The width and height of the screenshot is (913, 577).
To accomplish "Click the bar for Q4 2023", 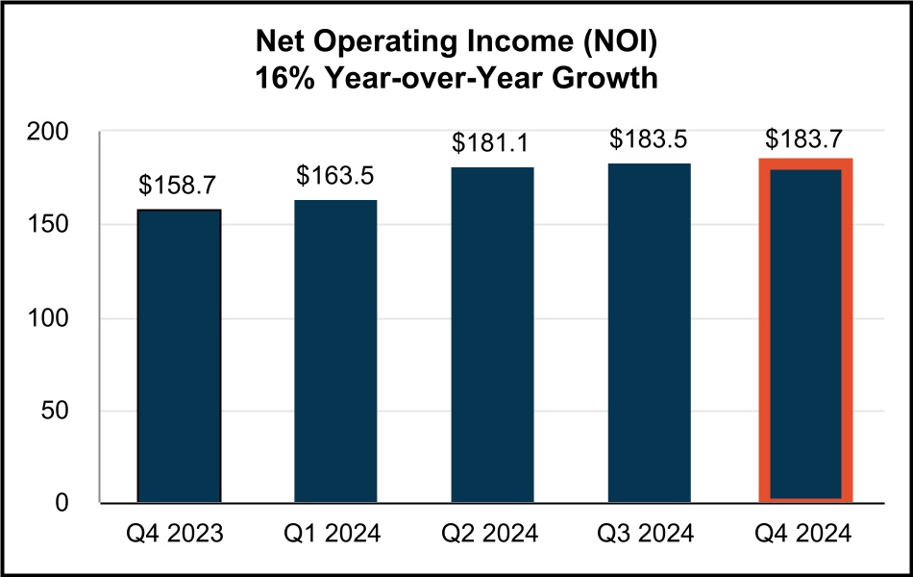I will [x=179, y=356].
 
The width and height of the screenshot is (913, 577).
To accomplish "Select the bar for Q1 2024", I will [x=335, y=351].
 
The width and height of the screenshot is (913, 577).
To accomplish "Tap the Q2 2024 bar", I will [x=492, y=335].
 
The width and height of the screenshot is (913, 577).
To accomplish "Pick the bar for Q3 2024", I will [x=649, y=333].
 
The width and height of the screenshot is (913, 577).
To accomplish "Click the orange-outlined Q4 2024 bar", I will [x=805, y=332].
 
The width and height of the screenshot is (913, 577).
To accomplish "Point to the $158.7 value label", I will [x=179, y=186].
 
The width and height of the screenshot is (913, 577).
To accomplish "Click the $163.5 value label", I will [x=335, y=176].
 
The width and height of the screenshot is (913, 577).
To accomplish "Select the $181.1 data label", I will [x=492, y=143].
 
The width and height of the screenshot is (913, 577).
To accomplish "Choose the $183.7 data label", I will [x=805, y=137].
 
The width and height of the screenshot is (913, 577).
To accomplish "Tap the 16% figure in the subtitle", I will [x=280, y=79].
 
